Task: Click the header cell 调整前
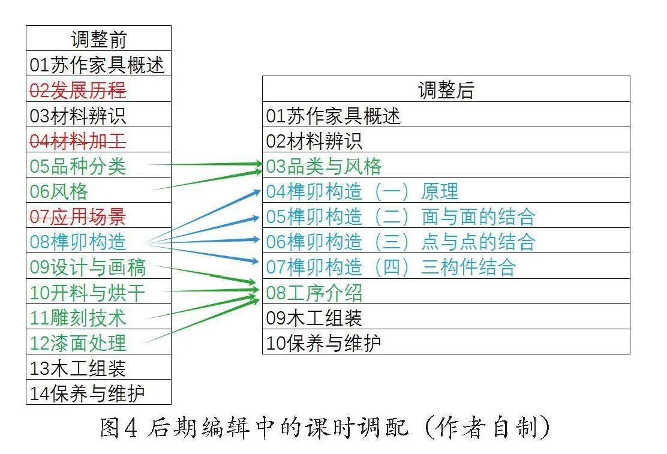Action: [99, 39]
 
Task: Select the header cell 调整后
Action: [446, 89]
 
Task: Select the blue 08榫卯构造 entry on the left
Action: [78, 242]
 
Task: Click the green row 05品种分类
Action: [78, 166]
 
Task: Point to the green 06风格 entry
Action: [59, 191]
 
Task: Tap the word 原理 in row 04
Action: [440, 191]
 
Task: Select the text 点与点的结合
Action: [478, 242]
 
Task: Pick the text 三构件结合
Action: [468, 267]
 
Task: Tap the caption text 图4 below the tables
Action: [119, 427]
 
